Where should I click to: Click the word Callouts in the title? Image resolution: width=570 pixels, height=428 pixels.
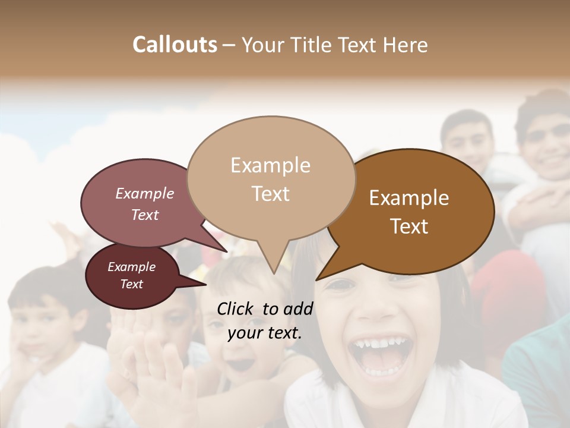coord(175,45)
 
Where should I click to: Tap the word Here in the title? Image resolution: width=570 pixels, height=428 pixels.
coord(406,45)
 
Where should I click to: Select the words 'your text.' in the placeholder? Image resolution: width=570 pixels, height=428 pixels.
coord(265,333)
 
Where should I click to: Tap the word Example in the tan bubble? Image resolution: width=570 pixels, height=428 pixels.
coord(270,165)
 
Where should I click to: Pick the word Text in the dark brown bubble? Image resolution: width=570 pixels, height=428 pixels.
coord(409,226)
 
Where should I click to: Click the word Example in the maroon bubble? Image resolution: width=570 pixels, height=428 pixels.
coord(131,267)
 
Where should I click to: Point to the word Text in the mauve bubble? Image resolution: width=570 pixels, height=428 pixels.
coord(145,215)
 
